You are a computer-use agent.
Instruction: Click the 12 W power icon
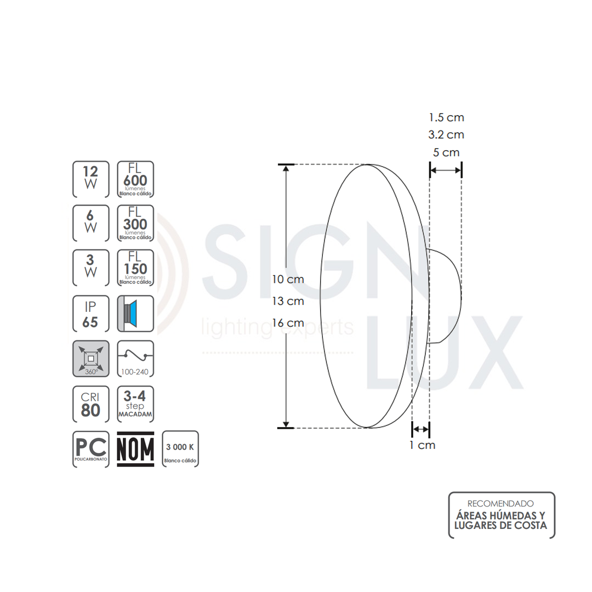click(x=90, y=179)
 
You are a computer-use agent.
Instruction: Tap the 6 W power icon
click(x=90, y=223)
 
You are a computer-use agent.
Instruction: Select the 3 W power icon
click(x=90, y=267)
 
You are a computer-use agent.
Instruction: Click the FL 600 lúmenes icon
click(x=135, y=179)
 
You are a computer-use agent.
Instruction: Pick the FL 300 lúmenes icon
click(x=135, y=223)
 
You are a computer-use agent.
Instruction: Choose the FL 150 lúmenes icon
click(x=135, y=267)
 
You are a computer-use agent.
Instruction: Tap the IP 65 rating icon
click(x=90, y=314)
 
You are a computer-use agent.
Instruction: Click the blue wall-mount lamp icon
click(x=135, y=314)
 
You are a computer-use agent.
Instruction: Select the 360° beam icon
click(x=90, y=358)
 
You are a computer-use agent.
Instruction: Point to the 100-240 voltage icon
click(x=135, y=358)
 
